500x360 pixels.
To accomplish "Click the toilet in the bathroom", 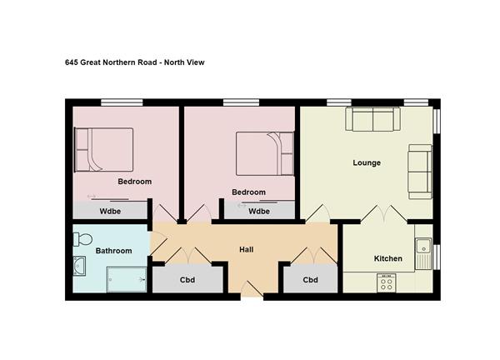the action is pyautogui.click(x=82, y=239).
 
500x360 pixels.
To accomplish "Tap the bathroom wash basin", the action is pyautogui.click(x=79, y=266).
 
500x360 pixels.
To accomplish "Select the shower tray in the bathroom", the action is pyautogui.click(x=127, y=279).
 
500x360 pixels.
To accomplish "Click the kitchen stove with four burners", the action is pyautogui.click(x=387, y=282).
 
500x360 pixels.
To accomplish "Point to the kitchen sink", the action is pyautogui.click(x=423, y=253).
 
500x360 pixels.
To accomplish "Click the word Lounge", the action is pyautogui.click(x=367, y=162).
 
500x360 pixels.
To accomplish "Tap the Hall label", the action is pyautogui.click(x=247, y=249).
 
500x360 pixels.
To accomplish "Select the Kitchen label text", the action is pyautogui.click(x=388, y=258).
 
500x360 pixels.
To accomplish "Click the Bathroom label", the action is pyautogui.click(x=114, y=251).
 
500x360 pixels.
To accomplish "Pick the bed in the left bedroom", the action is pyautogui.click(x=103, y=149).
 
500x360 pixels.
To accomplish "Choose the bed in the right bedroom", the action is pyautogui.click(x=265, y=153).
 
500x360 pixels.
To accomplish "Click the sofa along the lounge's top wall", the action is pyautogui.click(x=372, y=119).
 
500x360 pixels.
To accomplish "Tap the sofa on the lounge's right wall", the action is pyautogui.click(x=420, y=172).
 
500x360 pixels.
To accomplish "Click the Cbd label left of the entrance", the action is pyautogui.click(x=187, y=280).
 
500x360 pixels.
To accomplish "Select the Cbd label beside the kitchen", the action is pyautogui.click(x=311, y=280).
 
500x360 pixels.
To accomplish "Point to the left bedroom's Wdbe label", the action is pyautogui.click(x=110, y=211).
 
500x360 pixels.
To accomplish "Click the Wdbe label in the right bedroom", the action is pyautogui.click(x=259, y=211).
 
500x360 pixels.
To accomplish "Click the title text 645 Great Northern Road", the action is pyautogui.click(x=111, y=62).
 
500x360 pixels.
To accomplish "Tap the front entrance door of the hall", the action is pyautogui.click(x=252, y=290).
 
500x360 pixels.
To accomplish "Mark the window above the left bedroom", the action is pyautogui.click(x=122, y=102).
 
